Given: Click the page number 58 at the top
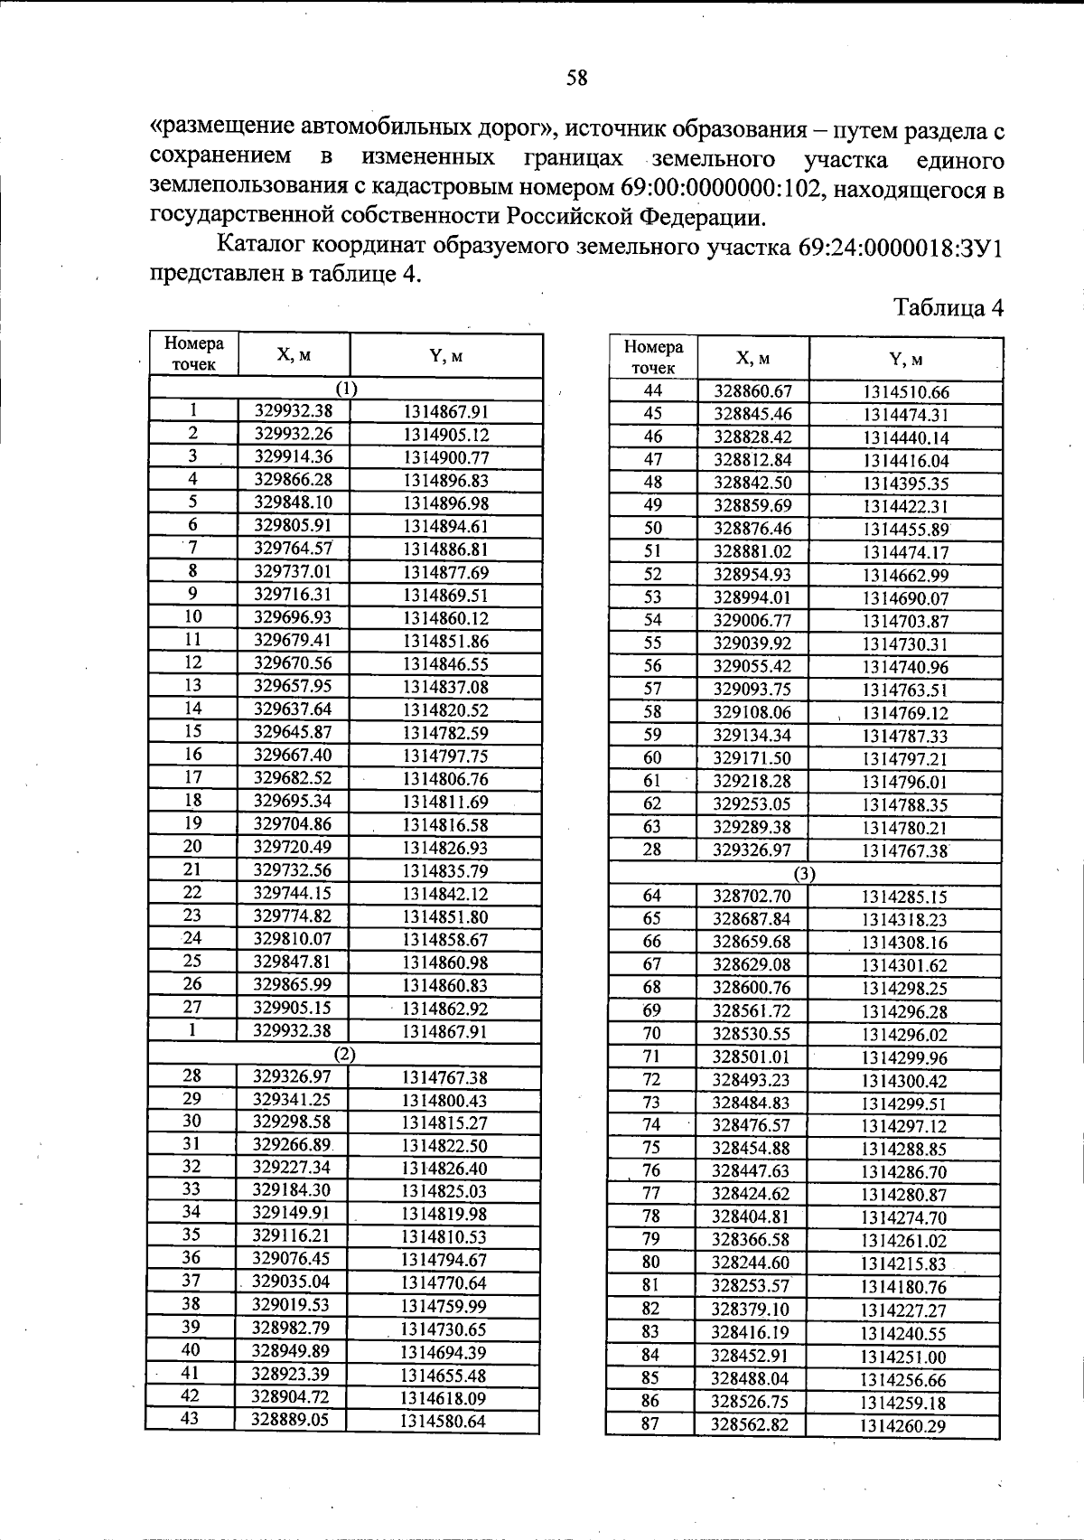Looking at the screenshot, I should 576,79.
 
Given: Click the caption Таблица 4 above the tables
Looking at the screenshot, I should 948,308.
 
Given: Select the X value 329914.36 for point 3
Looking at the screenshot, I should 294,456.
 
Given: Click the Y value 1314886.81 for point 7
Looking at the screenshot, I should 445,549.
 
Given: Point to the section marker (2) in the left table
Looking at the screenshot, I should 345,1054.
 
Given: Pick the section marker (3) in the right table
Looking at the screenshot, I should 804,873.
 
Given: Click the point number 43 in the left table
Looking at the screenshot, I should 192,1419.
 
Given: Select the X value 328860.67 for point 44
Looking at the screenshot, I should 752,391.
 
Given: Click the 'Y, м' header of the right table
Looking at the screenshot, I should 905,359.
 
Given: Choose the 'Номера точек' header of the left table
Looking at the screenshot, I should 193,354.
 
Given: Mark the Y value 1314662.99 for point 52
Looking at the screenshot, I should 906,575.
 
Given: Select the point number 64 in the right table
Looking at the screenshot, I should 651,896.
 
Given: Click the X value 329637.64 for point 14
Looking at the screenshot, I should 294,709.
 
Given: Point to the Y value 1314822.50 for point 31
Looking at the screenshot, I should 444,1145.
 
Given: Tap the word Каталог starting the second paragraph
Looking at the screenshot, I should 261,246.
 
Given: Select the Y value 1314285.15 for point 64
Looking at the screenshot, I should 904,897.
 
